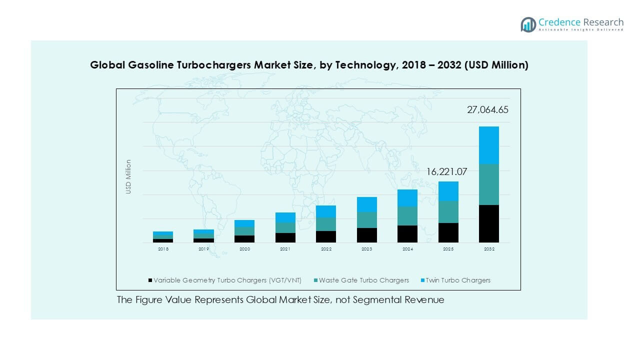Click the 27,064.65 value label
point(487,110)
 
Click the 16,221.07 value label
point(446,172)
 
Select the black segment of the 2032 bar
point(488,223)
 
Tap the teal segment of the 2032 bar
point(488,184)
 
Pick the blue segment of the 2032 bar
point(488,145)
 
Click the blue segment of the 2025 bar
point(448,191)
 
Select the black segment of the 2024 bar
point(407,234)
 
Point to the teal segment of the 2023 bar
point(366,219)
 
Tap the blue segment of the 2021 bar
point(285,217)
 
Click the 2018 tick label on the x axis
point(163,249)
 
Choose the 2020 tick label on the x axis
point(244,249)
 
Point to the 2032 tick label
point(489,249)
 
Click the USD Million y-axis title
point(128,176)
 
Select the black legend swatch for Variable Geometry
point(150,280)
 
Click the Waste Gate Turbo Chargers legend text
point(364,280)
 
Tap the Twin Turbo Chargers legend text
point(458,280)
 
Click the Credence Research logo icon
point(528,24)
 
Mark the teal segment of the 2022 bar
point(326,224)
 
